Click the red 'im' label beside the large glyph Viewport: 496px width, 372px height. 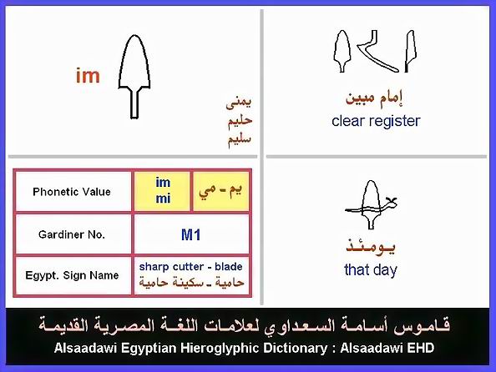click(x=88, y=76)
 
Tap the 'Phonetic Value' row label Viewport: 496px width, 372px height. click(x=72, y=192)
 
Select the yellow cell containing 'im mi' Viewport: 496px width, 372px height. click(x=163, y=191)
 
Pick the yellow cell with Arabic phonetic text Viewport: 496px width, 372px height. click(x=220, y=191)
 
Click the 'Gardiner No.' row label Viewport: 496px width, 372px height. click(x=72, y=234)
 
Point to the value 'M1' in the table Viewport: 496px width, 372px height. click(x=191, y=235)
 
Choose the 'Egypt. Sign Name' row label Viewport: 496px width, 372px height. click(x=72, y=275)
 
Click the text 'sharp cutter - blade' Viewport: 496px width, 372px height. click(x=190, y=266)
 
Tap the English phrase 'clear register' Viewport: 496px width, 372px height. click(x=376, y=121)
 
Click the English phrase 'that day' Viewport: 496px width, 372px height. click(x=371, y=270)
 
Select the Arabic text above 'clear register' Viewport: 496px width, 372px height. click(x=374, y=98)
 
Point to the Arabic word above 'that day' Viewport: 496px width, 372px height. click(x=371, y=247)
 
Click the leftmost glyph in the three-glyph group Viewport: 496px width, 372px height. click(x=342, y=51)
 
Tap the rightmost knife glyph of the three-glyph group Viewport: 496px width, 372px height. click(x=411, y=51)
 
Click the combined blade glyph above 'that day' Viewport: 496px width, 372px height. click(x=371, y=204)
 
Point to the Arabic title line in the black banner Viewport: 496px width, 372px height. click(x=244, y=326)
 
